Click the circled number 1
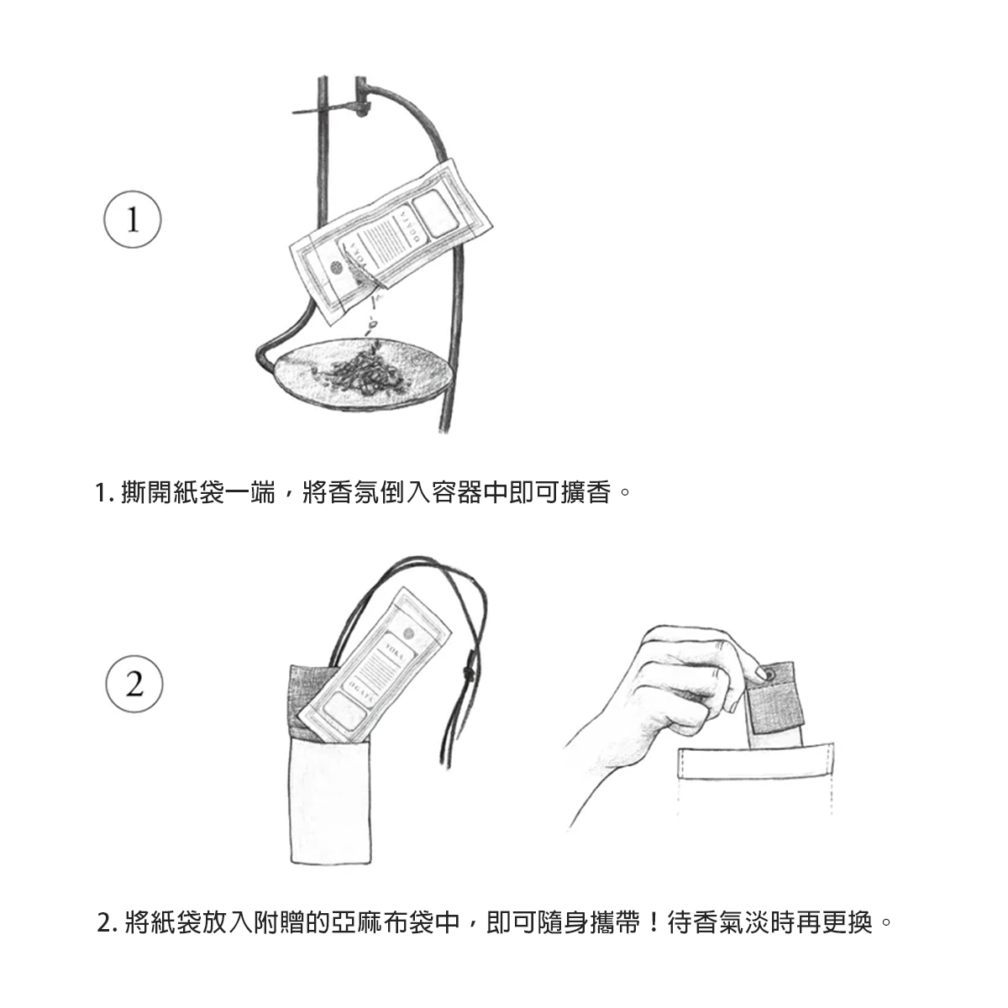(x=133, y=219)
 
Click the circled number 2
(x=134, y=685)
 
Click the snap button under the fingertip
(x=772, y=675)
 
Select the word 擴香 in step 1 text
(x=585, y=492)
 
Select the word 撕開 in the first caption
(x=147, y=492)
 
